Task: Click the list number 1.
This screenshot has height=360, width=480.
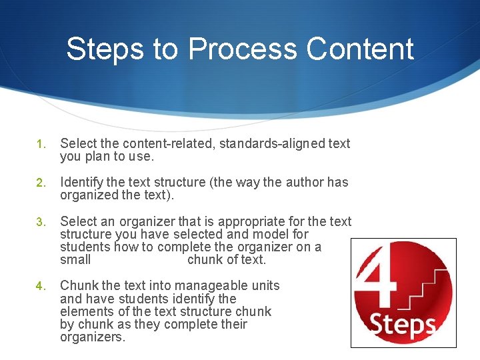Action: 40,144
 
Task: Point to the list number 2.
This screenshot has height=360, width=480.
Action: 40,183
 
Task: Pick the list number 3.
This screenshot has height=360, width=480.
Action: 40,221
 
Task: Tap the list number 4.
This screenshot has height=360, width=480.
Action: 40,286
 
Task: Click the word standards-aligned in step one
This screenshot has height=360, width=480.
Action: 273,143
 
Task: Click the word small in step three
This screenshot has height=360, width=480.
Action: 75,260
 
